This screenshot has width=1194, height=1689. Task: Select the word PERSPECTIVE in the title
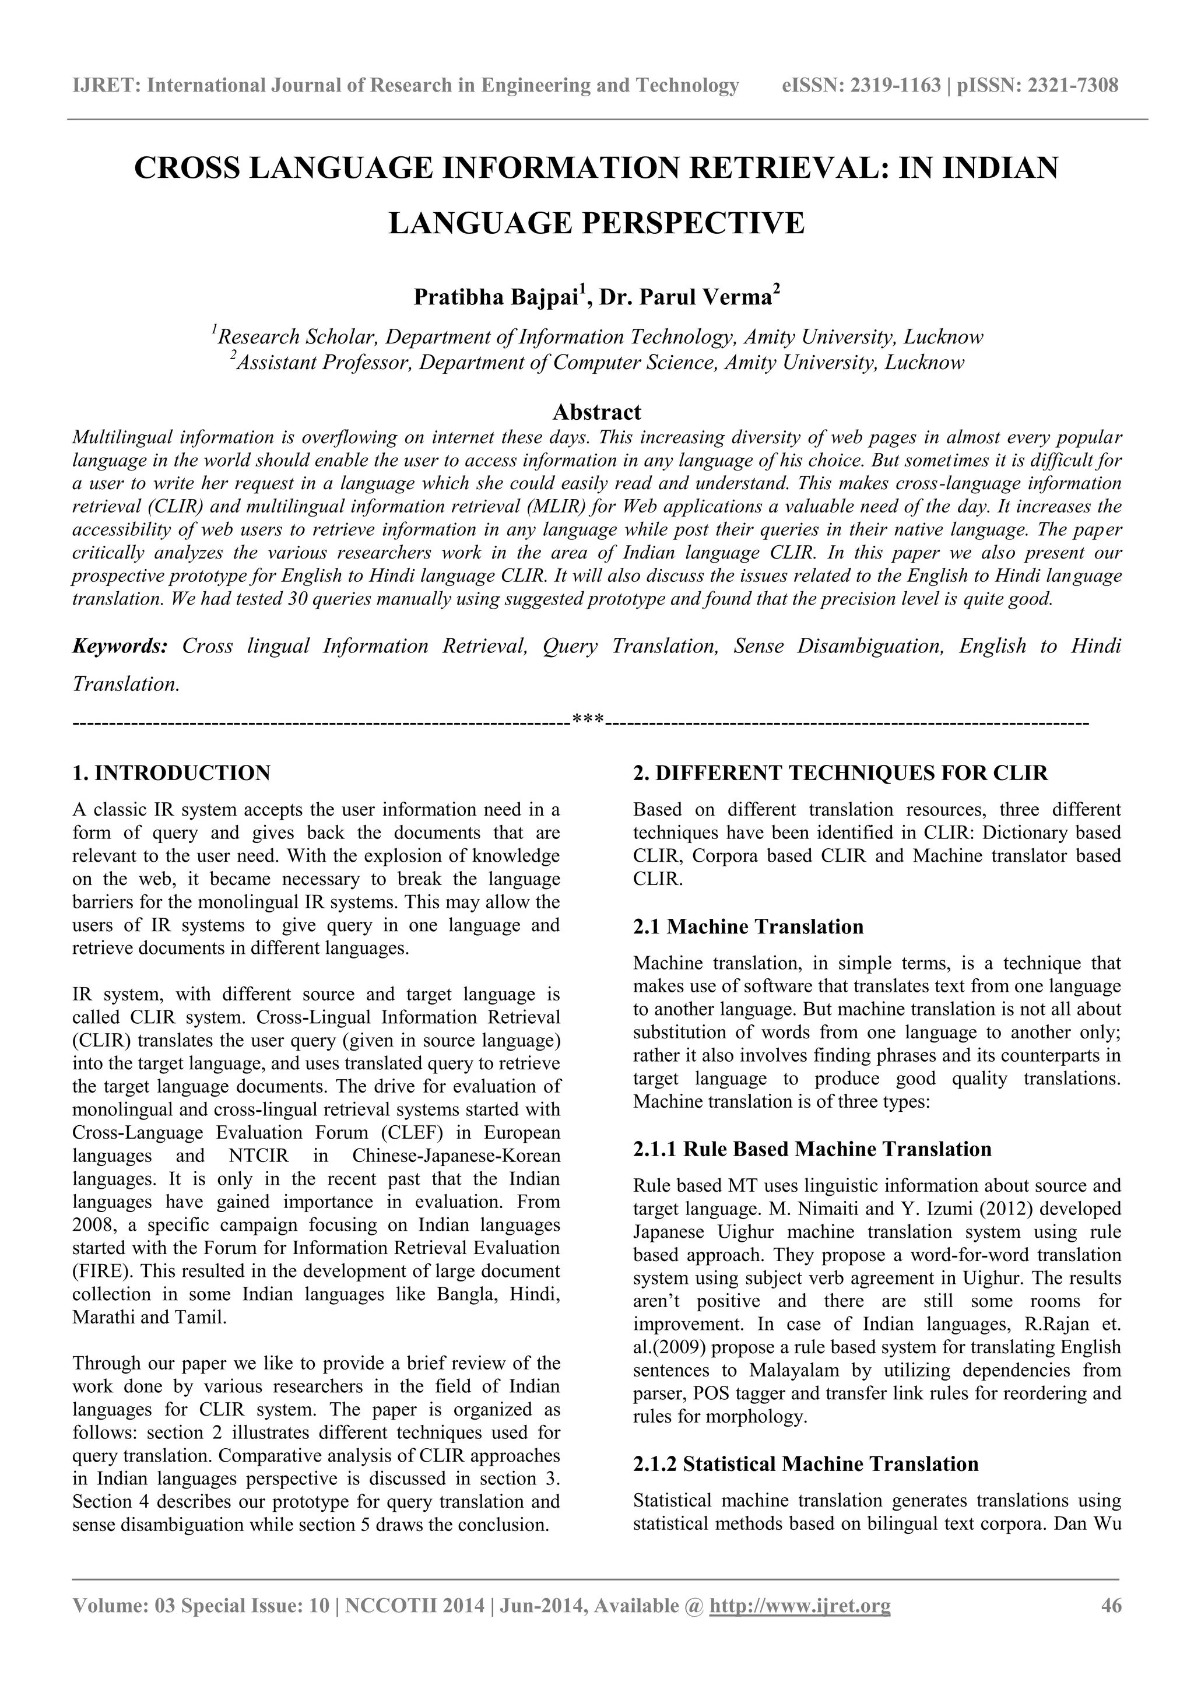(694, 223)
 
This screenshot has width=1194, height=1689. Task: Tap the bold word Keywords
(120, 646)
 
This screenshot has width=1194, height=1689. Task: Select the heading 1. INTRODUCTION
(171, 773)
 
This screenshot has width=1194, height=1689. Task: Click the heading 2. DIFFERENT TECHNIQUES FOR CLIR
(840, 773)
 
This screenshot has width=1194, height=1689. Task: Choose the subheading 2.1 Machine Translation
(748, 926)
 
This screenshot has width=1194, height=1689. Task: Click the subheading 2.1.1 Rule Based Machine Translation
(812, 1149)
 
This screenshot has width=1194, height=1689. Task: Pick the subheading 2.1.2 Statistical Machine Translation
(806, 1464)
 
